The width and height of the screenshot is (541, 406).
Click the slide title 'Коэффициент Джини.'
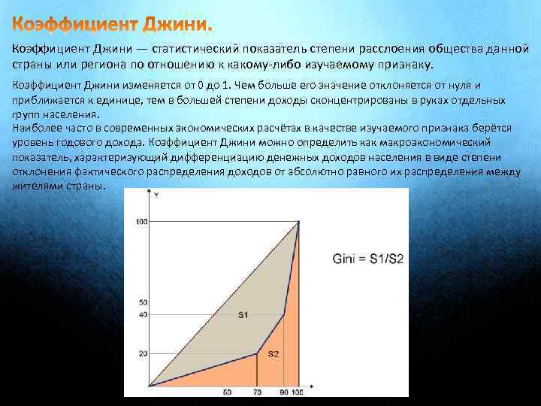113,25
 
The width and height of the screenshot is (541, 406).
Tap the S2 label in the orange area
274,353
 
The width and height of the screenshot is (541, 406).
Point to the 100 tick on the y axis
142,221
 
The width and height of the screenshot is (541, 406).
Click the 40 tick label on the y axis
144,314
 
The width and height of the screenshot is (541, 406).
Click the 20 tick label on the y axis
144,353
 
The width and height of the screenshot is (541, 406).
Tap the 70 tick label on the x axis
258,392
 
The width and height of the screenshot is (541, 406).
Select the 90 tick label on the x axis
284,392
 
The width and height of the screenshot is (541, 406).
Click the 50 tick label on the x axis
228,392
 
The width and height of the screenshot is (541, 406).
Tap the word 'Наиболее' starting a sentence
33,128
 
